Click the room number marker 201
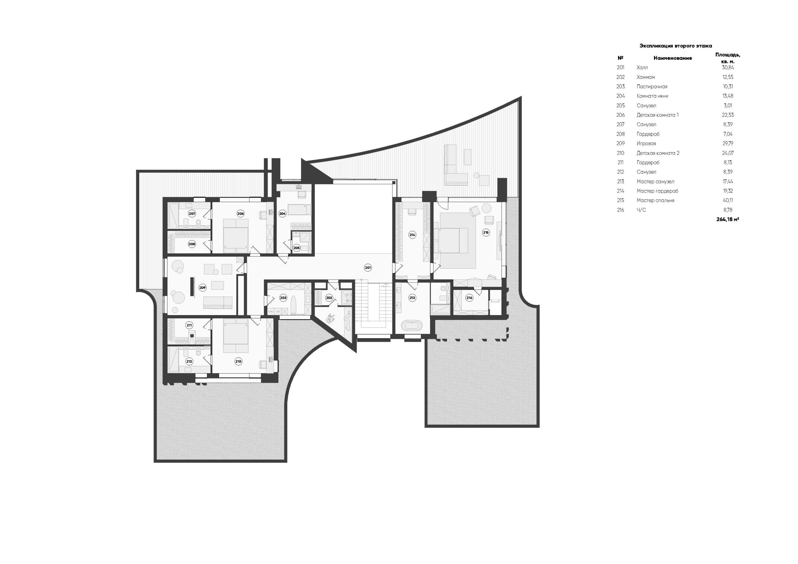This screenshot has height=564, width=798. (x=368, y=268)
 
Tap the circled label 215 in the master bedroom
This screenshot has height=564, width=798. (x=486, y=232)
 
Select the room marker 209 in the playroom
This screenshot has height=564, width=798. (x=203, y=287)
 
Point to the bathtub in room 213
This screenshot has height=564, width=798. (x=412, y=326)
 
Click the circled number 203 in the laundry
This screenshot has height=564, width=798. (x=283, y=298)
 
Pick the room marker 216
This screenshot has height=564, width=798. (x=469, y=298)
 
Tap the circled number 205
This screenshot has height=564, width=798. (x=296, y=248)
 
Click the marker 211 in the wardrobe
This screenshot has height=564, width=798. (x=189, y=325)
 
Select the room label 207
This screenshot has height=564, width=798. (x=192, y=214)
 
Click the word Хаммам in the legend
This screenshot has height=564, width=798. (x=646, y=77)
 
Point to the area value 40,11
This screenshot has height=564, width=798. (x=728, y=200)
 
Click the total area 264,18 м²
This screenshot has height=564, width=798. (x=728, y=220)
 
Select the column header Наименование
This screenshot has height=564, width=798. (x=672, y=58)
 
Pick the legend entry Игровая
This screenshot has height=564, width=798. (x=646, y=144)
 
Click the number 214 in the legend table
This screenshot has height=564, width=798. (x=620, y=191)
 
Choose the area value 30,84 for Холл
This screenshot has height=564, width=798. (x=728, y=68)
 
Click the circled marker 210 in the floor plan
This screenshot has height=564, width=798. (x=238, y=361)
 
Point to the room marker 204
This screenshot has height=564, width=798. (x=282, y=214)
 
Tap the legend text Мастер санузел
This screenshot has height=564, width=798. (x=655, y=182)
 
